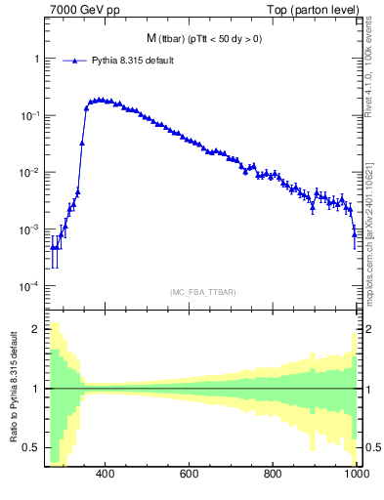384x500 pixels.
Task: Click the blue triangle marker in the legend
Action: coord(74,61)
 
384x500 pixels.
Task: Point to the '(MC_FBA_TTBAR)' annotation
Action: coord(202,292)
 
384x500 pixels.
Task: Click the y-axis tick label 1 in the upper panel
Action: coord(36,59)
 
